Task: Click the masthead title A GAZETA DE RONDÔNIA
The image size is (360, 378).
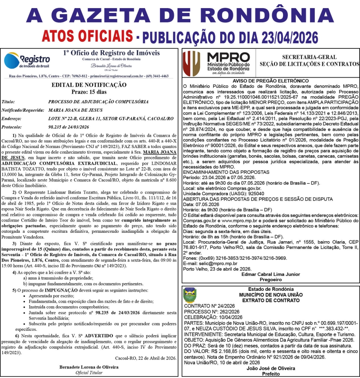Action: point(180,15)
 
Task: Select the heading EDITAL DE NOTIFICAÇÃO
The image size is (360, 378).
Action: point(89,85)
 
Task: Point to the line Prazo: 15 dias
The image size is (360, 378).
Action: point(89,92)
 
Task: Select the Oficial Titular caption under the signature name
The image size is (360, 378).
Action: point(89,373)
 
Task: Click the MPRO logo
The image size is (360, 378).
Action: point(215,63)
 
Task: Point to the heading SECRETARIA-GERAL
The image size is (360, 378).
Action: point(310,57)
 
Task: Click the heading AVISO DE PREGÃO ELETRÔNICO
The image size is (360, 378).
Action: point(271,81)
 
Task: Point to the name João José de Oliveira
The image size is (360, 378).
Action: point(271,368)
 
